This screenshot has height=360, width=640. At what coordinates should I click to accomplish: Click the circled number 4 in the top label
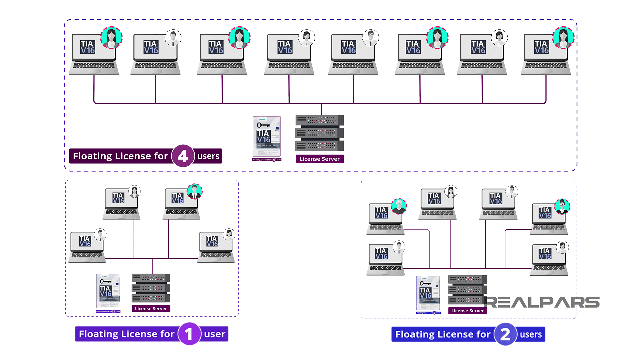tap(183, 156)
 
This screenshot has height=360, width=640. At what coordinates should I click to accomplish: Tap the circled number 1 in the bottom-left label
tap(189, 334)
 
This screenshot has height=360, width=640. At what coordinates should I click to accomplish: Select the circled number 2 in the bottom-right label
tap(505, 334)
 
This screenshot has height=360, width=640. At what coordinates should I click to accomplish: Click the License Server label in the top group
tap(319, 159)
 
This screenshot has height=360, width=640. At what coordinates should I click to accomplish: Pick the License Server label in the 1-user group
tap(151, 309)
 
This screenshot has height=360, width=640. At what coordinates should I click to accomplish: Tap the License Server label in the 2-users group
tap(467, 311)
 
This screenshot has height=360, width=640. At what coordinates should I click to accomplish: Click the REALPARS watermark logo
tap(542, 302)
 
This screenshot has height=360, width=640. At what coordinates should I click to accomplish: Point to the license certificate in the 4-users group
tap(267, 137)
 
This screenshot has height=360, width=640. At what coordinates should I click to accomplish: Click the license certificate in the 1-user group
tap(108, 291)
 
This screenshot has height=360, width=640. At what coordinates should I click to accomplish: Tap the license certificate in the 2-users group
tap(428, 293)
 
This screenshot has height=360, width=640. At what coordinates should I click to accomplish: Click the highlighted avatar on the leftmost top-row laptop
tap(111, 38)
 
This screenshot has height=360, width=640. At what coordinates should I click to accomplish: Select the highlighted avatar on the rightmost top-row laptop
tap(563, 38)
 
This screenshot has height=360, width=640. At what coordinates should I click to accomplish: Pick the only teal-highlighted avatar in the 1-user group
tap(194, 191)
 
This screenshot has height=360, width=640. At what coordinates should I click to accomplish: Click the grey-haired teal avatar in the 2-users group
tap(399, 206)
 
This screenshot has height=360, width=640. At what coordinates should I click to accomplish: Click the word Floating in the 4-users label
tap(92, 156)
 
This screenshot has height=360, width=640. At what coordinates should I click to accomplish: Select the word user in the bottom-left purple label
tap(214, 334)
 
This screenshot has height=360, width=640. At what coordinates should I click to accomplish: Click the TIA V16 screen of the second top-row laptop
tap(151, 47)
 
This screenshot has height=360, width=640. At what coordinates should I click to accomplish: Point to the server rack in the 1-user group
tap(151, 288)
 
